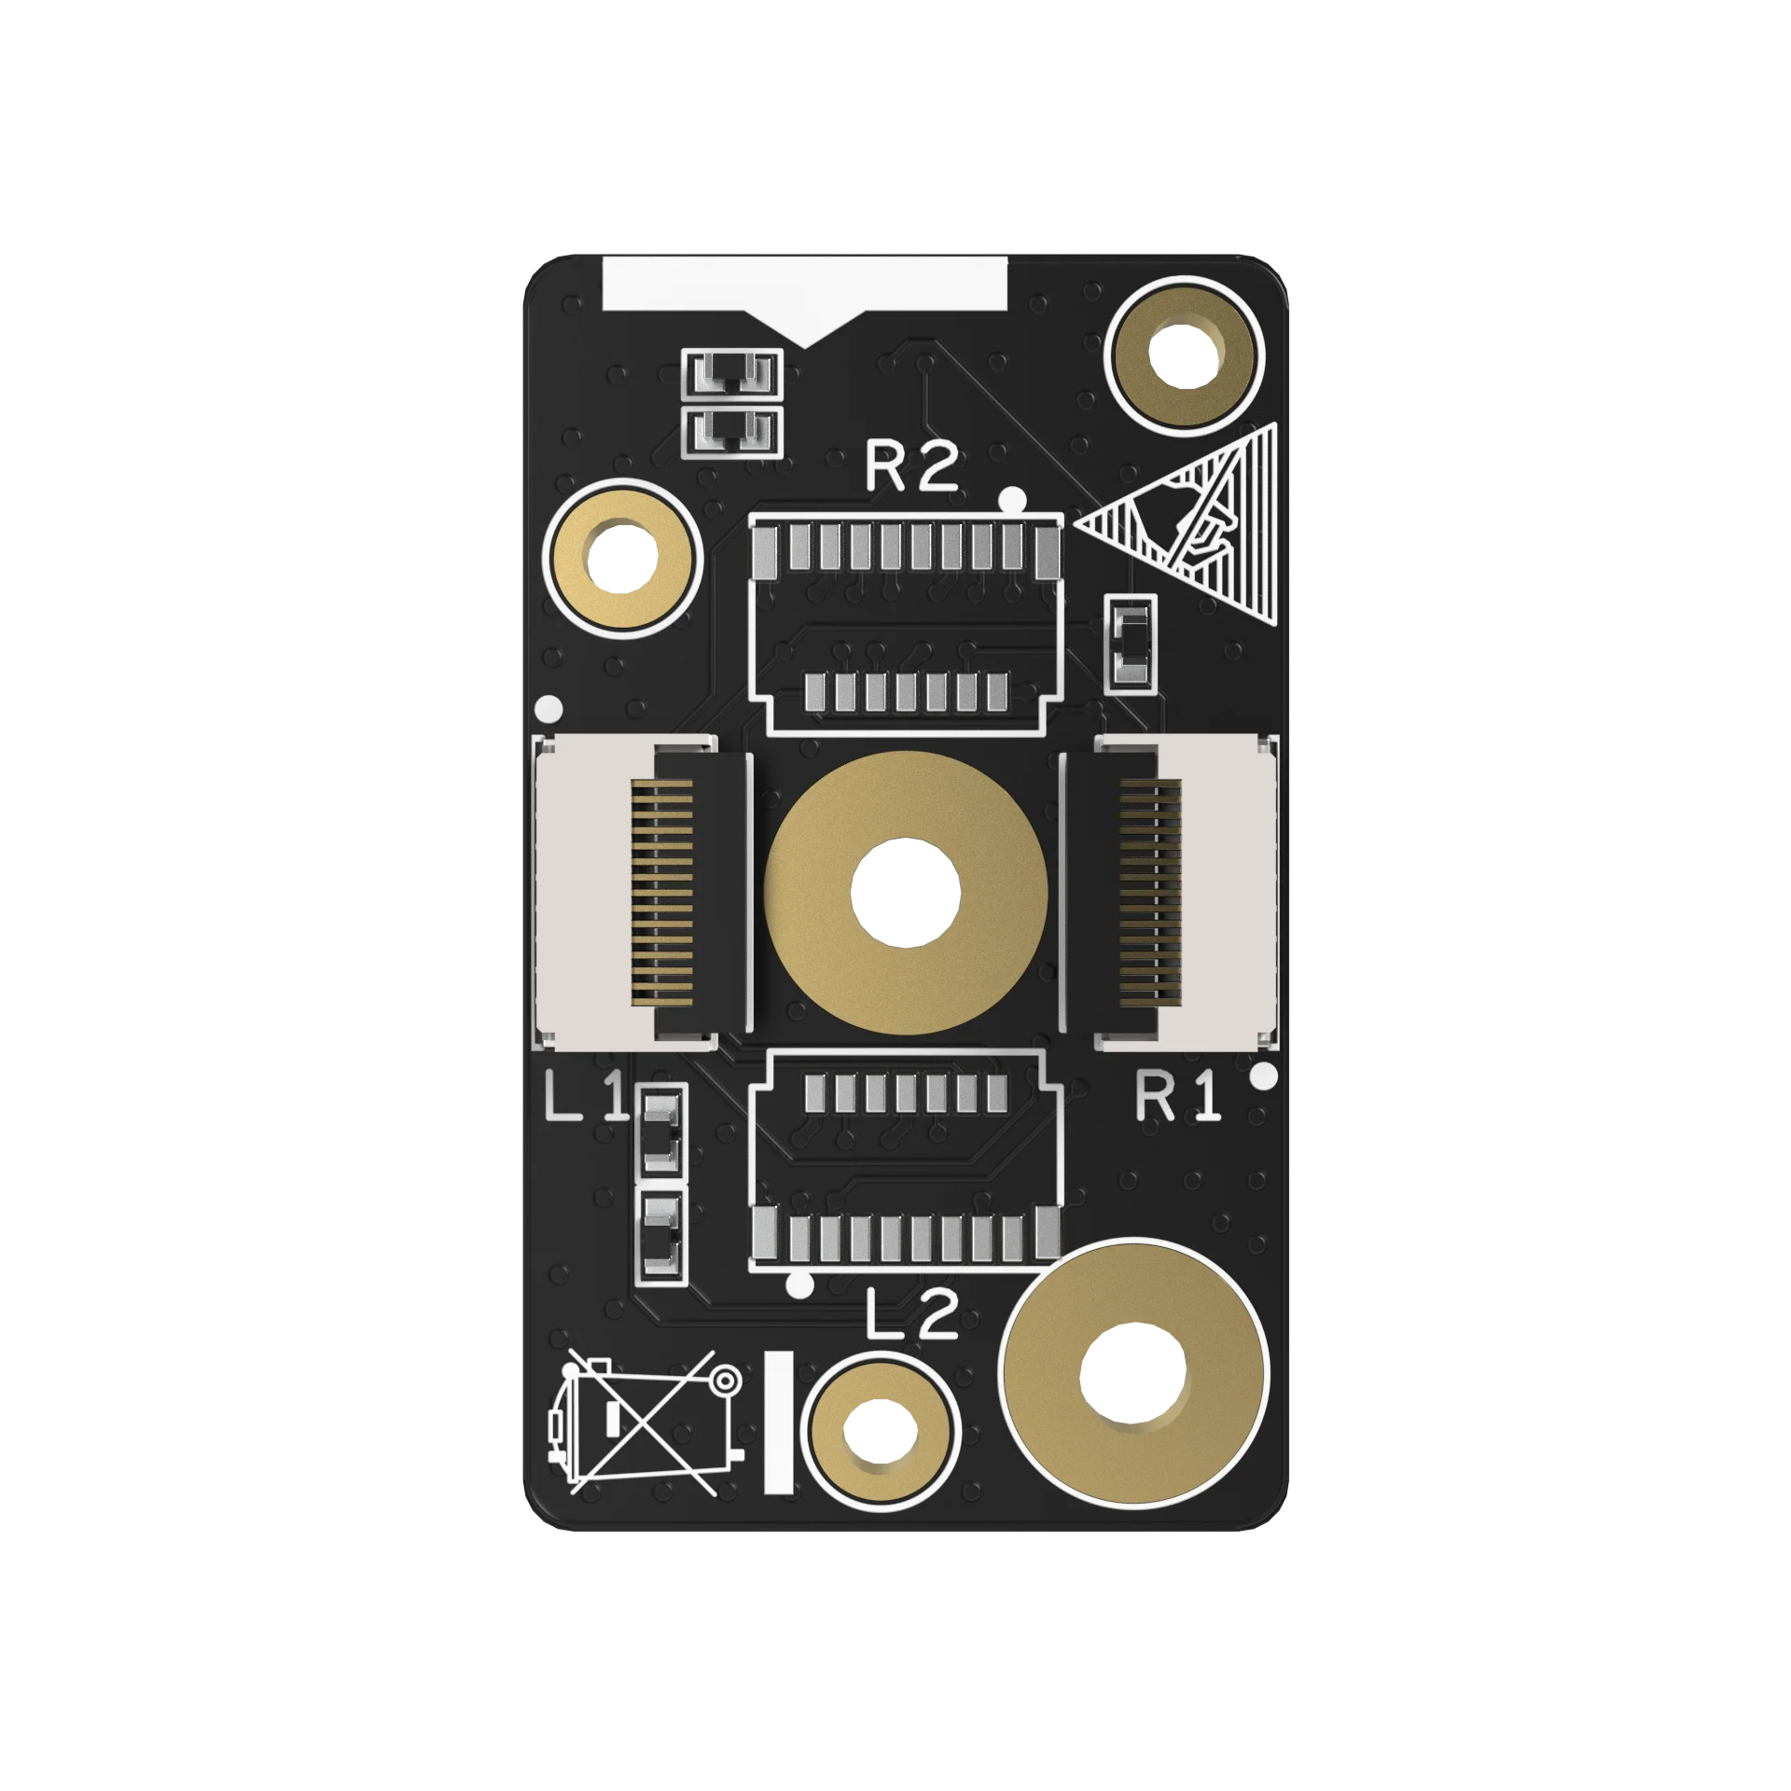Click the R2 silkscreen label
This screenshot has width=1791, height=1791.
[x=911, y=466]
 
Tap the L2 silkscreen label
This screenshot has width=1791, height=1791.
[x=911, y=1314]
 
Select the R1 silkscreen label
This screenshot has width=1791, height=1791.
[x=1177, y=1096]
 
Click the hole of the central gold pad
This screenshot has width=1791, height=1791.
[x=906, y=893]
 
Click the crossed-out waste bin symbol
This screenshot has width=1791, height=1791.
[x=646, y=1423]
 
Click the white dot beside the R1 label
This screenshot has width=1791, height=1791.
[x=1263, y=1076]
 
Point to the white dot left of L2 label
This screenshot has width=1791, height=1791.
[x=799, y=1284]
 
